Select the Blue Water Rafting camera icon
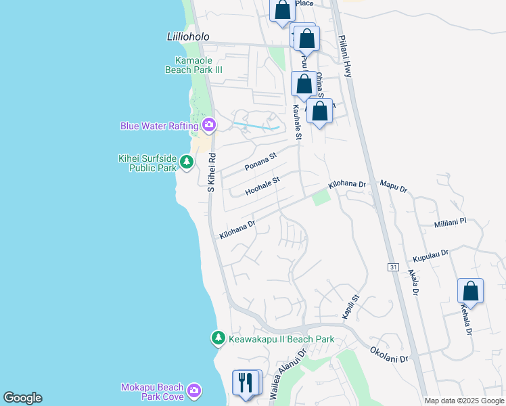click(x=209, y=125)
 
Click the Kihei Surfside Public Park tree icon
click(x=187, y=162)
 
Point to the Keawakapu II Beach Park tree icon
click(x=218, y=338)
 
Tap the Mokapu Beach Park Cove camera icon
click(x=195, y=390)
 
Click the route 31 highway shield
click(x=392, y=268)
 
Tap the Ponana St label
click(x=261, y=162)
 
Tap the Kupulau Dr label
click(x=430, y=256)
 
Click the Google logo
click(x=22, y=398)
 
